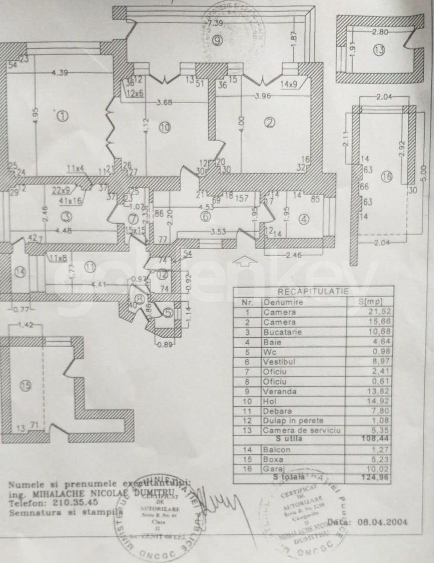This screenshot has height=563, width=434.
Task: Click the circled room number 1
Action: (63, 116)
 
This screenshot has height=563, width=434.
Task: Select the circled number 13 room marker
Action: (379, 50)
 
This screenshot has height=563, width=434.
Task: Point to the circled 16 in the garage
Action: (386, 176)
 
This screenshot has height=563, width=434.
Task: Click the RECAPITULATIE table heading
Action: (313, 292)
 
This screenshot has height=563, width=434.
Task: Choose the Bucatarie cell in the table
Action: (280, 332)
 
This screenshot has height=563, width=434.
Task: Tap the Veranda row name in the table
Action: (280, 392)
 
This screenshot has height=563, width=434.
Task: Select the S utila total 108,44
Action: (369, 438)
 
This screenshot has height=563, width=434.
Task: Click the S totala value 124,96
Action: (369, 478)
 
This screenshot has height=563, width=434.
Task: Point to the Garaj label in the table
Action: (274, 469)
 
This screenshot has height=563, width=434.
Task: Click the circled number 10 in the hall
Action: (164, 127)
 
